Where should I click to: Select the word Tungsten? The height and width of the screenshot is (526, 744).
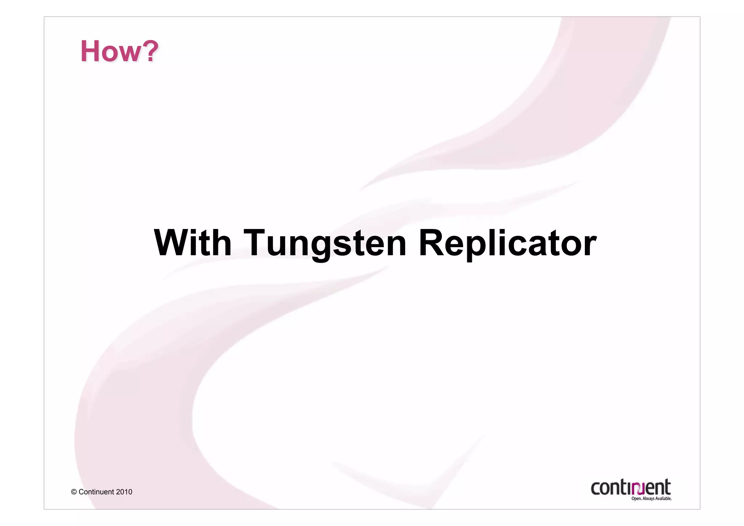[x=325, y=244]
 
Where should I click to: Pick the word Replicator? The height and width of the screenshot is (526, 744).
[x=508, y=244]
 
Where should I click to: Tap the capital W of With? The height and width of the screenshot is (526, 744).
[x=173, y=242]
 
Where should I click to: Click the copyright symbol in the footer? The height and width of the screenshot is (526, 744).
[x=74, y=492]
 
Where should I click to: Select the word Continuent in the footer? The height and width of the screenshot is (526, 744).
[x=96, y=492]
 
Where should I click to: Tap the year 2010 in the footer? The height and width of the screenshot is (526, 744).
[x=124, y=492]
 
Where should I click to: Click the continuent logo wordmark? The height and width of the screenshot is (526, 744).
[x=631, y=487]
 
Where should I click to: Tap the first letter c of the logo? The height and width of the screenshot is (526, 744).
[x=596, y=489]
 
